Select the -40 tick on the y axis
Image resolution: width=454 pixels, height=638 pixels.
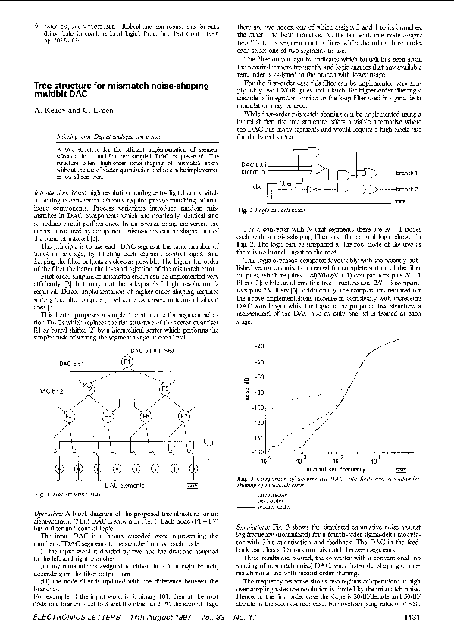point(282,360)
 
